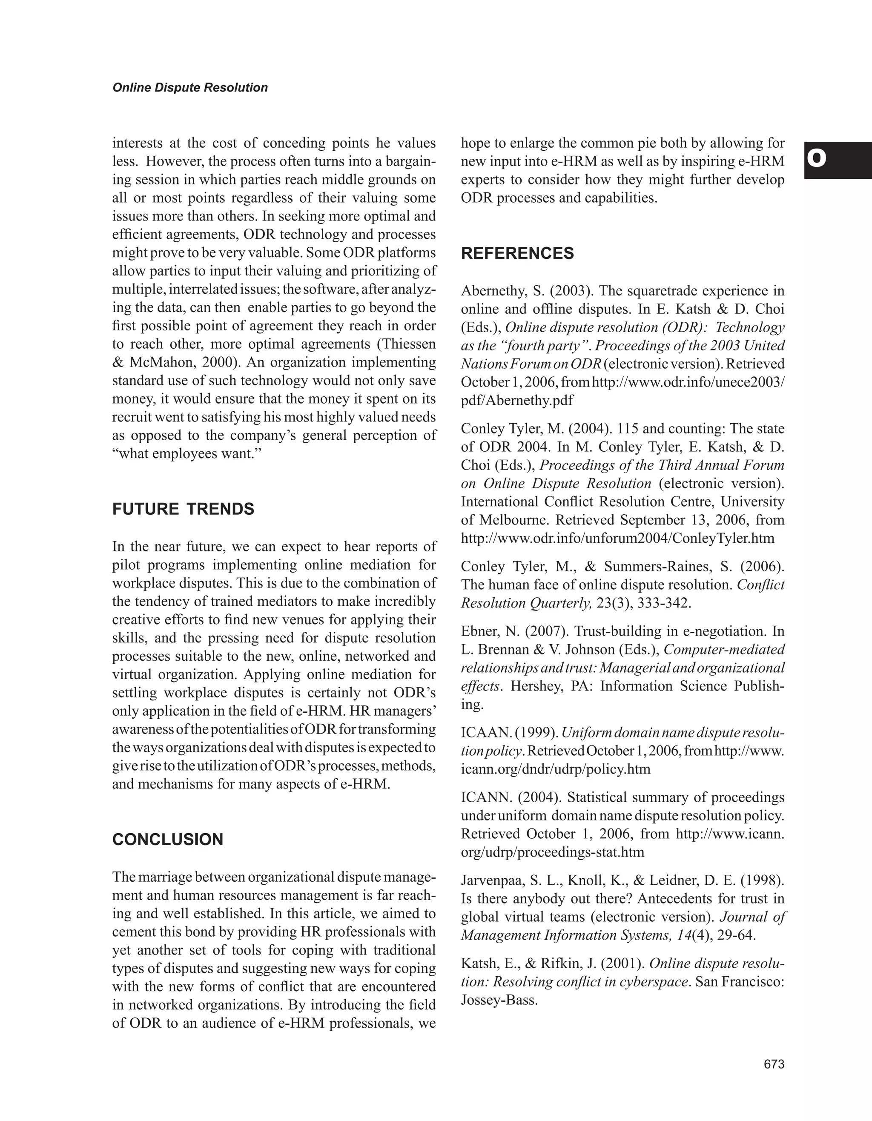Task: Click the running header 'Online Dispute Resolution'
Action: point(190,88)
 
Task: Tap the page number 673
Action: point(774,1064)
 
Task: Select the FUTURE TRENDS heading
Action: point(183,509)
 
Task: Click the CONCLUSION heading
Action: point(168,840)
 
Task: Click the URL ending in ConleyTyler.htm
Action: point(617,539)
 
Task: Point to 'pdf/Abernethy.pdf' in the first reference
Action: point(517,400)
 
